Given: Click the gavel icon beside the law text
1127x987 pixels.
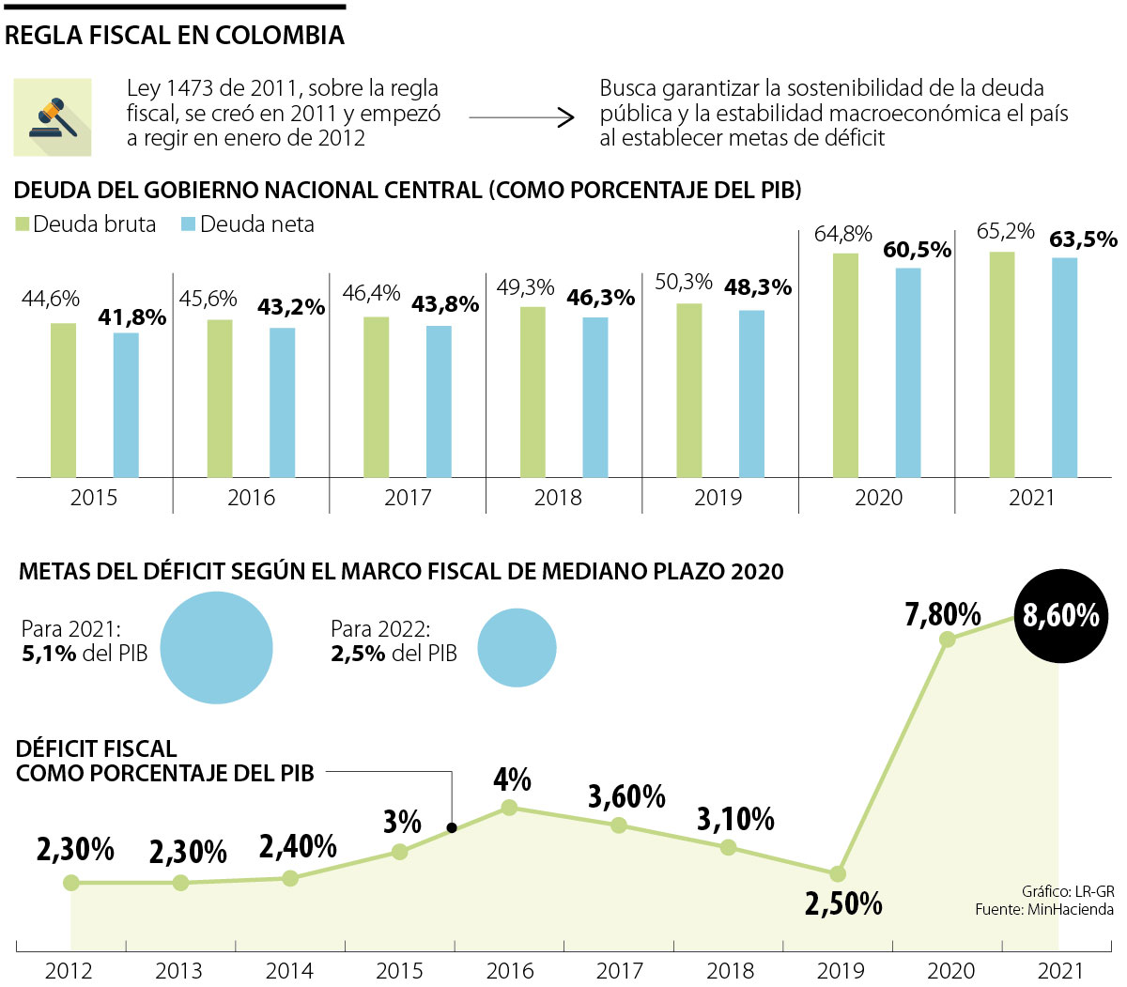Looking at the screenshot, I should [x=53, y=117].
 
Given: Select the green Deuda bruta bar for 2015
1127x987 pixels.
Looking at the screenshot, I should [x=63, y=400].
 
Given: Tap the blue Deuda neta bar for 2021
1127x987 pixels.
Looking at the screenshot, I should [x=1064, y=367].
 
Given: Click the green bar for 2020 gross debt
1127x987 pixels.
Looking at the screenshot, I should [x=845, y=365].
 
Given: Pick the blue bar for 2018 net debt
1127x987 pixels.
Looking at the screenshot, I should [x=594, y=397].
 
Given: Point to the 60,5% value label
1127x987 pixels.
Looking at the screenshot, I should [x=917, y=250].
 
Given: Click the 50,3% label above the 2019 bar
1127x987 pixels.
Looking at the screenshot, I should [x=683, y=282].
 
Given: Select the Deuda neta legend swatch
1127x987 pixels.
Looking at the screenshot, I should [x=188, y=224].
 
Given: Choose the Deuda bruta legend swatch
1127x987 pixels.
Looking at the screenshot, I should [x=23, y=224].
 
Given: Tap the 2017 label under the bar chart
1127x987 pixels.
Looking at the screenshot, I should [x=408, y=498].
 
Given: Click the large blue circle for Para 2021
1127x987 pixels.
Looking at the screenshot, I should [x=216, y=648].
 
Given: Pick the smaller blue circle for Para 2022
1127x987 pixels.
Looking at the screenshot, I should [x=517, y=648].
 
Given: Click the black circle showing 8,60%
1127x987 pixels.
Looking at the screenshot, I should [x=1061, y=616].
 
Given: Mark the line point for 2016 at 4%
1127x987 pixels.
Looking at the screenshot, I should [x=509, y=807].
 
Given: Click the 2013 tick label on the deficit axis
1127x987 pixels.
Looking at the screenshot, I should [x=178, y=971].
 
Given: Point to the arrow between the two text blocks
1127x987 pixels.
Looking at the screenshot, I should [x=521, y=117].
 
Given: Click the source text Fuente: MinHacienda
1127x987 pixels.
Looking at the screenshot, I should [x=1043, y=909].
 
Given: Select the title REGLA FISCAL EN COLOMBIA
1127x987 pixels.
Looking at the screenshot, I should [x=175, y=36].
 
